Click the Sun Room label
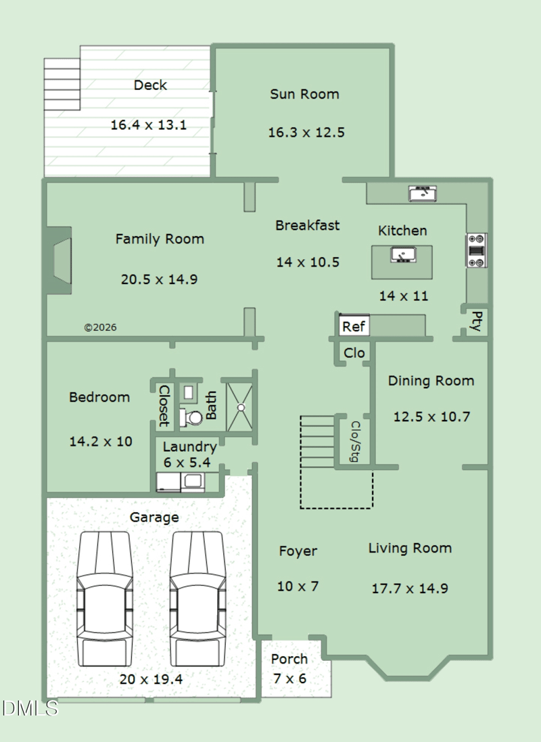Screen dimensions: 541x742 (x=304, y=94)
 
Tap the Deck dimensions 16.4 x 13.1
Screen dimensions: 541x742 (x=149, y=125)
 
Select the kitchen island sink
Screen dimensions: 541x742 (x=403, y=255)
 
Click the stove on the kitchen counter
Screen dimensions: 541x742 (x=477, y=250)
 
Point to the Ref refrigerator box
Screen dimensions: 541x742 (x=354, y=326)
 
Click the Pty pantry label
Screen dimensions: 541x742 (x=477, y=321)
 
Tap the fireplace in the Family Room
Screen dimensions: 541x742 (x=59, y=260)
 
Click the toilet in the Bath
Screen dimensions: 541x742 (x=191, y=418)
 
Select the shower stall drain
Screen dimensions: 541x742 (x=241, y=407)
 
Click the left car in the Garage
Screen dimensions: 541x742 (x=105, y=599)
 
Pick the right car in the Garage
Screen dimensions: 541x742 (x=198, y=599)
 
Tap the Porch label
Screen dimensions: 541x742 (x=289, y=659)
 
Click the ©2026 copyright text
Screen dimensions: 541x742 (x=100, y=327)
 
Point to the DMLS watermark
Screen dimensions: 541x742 (x=30, y=708)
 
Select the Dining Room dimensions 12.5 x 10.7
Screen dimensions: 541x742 (x=431, y=417)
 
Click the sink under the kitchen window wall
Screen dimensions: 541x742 (x=423, y=193)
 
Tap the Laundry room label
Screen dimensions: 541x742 (x=190, y=447)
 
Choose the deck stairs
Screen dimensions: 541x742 (x=62, y=85)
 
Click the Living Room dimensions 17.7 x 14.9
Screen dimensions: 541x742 (x=410, y=588)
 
